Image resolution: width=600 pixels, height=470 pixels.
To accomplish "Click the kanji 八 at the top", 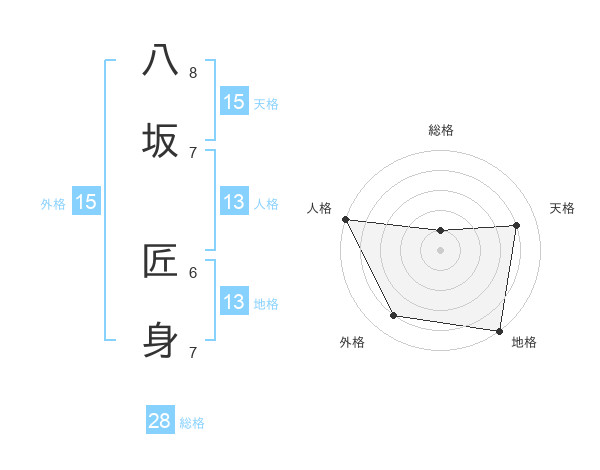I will coord(161,61).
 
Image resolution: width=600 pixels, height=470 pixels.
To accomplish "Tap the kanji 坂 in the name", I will coord(161,140).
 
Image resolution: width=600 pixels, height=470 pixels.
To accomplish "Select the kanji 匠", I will coord(161,260).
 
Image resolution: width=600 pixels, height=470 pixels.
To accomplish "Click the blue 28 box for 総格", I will coord(160,421).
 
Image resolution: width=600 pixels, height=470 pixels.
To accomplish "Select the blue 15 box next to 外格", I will coord(86,202).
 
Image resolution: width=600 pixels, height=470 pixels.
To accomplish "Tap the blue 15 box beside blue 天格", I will coord(234,102).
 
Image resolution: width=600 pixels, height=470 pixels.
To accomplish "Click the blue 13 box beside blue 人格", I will coord(234,202).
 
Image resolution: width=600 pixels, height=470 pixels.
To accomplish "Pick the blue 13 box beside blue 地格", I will coord(234,302).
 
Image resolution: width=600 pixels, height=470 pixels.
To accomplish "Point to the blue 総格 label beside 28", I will coord(192,423).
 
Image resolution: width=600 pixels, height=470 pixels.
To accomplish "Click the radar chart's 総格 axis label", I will coord(441,130).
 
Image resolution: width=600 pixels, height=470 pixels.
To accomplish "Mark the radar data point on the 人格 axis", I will coord(345,219).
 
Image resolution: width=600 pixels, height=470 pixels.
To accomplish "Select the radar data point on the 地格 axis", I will coord(500,330).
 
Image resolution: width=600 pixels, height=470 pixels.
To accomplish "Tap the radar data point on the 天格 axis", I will coord(517,225).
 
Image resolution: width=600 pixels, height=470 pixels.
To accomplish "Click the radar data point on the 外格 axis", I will coord(393,316).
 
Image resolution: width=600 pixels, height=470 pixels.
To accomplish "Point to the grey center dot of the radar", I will coord(441,250).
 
